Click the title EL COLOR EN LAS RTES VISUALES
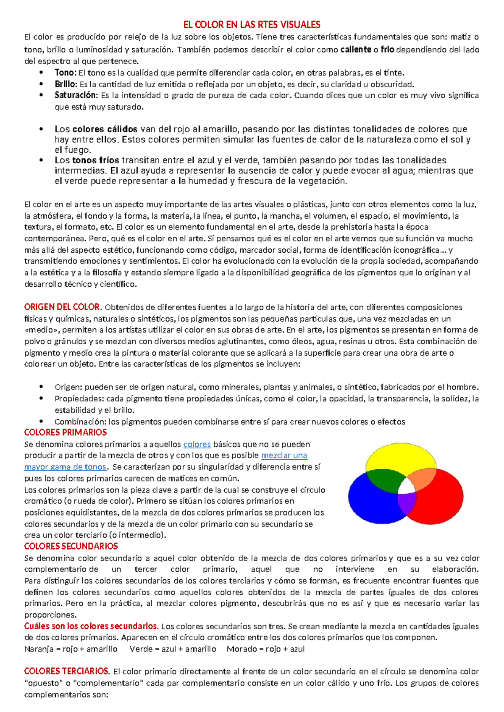pos(252,24)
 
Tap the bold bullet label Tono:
pos(65,73)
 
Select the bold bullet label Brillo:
pos(66,84)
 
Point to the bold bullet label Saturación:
pos(76,95)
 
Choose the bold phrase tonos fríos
pos(96,160)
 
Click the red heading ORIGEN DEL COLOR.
pos(63,307)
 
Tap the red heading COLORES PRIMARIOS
pos(66,432)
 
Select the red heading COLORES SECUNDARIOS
pos(71,546)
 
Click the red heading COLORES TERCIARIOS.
pos(67,671)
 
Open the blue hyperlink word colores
pos(197,444)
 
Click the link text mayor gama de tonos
pos(65,467)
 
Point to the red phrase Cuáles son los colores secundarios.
pos(91,626)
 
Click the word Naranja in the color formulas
pos(39,649)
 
